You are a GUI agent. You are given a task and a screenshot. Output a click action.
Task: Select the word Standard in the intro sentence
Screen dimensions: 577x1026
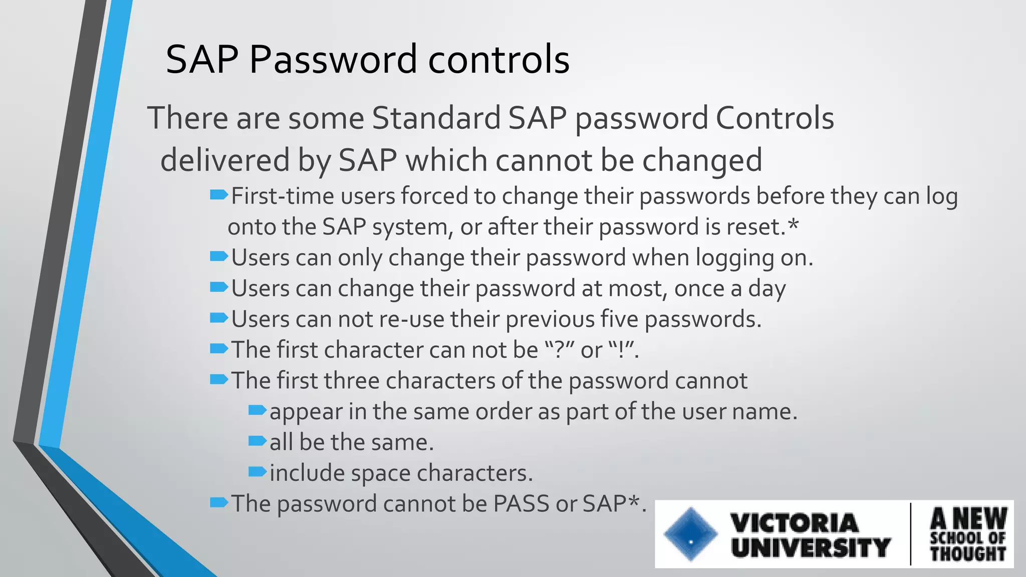436,119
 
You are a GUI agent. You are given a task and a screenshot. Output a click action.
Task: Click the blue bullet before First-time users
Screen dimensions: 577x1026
218,195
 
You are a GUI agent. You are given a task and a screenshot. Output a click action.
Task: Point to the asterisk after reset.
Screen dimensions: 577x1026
793,225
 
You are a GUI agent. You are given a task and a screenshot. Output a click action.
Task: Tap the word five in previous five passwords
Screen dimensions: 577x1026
619,320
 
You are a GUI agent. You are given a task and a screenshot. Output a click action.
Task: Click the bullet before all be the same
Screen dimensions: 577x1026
257,441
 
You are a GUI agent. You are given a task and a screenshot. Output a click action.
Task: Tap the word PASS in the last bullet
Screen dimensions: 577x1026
521,504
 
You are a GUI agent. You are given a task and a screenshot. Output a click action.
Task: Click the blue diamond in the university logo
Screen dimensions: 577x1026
690,534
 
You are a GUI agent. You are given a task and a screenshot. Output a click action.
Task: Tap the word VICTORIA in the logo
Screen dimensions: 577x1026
795,523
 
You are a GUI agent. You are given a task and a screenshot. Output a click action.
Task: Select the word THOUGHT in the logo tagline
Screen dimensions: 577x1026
968,554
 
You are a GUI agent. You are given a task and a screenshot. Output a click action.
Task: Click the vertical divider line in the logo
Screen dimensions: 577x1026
910,534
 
